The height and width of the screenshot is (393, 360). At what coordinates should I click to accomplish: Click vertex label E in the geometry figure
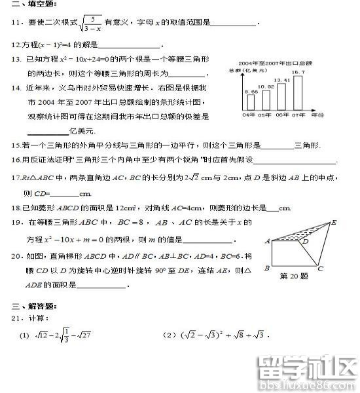coord(334,222)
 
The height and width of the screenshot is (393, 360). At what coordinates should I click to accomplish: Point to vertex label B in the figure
coord(266,268)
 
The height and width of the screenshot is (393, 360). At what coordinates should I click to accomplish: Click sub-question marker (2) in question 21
coord(170,335)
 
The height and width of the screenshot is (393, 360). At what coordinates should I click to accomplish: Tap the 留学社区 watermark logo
coord(307,369)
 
